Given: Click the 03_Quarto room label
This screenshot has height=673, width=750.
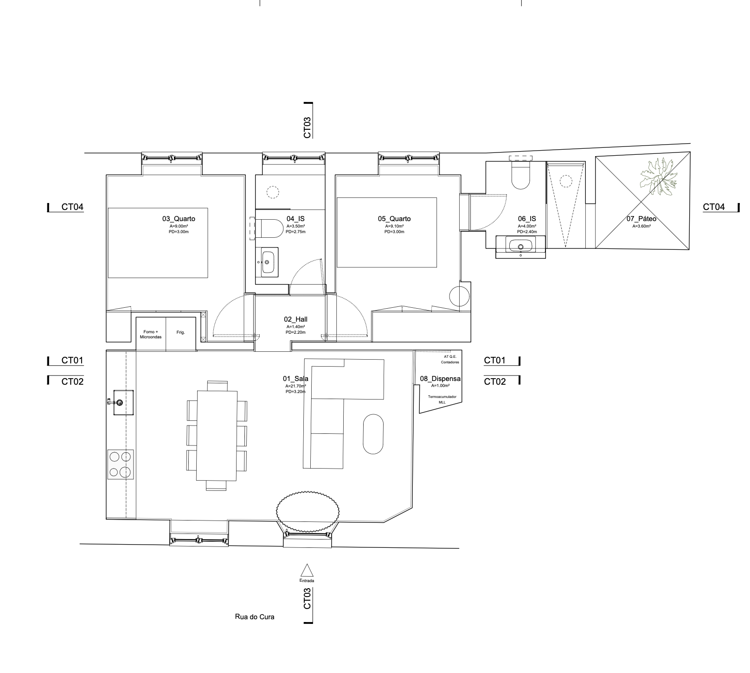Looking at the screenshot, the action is click(x=179, y=219).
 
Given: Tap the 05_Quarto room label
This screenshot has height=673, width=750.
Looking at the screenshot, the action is click(x=394, y=219).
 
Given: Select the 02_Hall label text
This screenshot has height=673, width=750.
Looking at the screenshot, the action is click(x=295, y=319).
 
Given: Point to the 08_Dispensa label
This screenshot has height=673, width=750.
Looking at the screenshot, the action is click(x=440, y=379).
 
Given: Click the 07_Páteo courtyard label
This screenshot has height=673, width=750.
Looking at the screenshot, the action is click(x=641, y=219).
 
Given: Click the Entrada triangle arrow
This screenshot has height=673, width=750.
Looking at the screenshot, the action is click(x=306, y=570).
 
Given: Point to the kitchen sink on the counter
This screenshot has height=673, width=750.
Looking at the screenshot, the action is click(x=122, y=402).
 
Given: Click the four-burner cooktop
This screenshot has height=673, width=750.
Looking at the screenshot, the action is click(x=121, y=464).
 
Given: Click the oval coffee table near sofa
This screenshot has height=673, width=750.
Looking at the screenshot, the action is click(x=373, y=434).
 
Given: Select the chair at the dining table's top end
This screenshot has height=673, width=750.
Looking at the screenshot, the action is click(x=217, y=386).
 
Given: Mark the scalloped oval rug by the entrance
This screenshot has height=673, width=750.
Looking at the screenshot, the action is click(x=308, y=512).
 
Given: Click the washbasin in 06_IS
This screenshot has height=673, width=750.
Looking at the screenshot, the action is click(x=520, y=247).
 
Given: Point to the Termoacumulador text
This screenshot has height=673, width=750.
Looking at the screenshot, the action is click(x=442, y=397).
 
